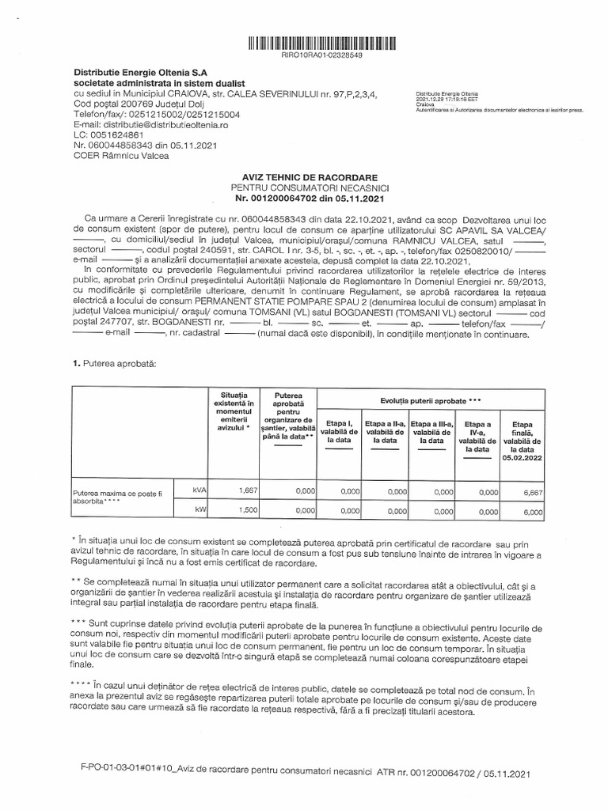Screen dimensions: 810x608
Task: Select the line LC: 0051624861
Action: pos(105,135)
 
